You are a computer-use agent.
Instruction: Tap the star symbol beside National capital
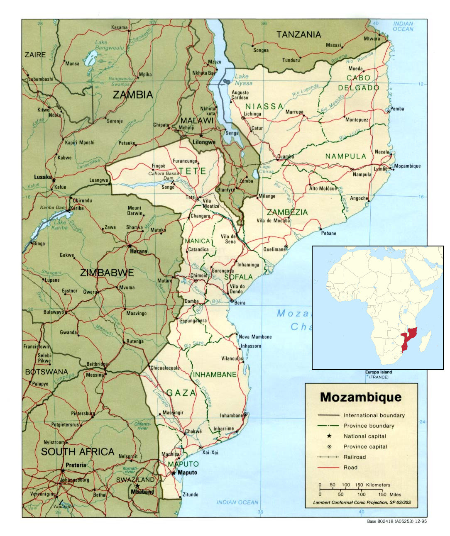(x=329, y=436)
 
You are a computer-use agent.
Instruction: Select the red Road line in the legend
(x=329, y=468)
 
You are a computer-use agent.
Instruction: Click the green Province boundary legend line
(x=329, y=426)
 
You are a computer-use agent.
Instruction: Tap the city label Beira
(x=240, y=303)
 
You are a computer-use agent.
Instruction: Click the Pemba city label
(x=397, y=109)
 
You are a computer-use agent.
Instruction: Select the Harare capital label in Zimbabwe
(x=138, y=251)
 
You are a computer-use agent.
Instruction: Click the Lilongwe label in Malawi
(x=204, y=142)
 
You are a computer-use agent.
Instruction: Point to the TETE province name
(x=192, y=171)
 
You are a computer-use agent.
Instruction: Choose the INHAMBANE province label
(x=215, y=374)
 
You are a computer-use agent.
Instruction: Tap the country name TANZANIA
(x=298, y=34)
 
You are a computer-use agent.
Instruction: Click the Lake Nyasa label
(x=243, y=80)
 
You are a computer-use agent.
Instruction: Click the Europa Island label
(x=378, y=372)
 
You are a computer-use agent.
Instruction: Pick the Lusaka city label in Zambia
(x=42, y=177)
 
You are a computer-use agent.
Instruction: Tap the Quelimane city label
(x=274, y=249)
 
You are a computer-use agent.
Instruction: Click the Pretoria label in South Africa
(x=76, y=465)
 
